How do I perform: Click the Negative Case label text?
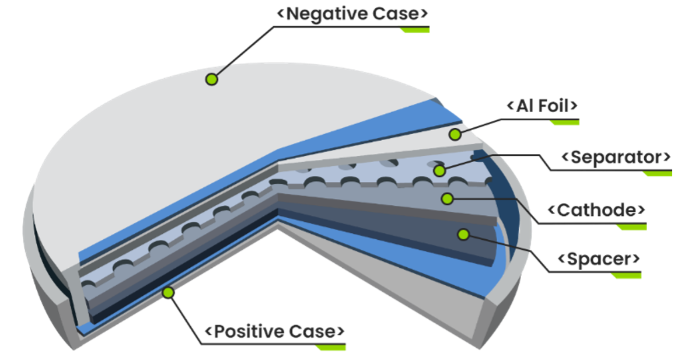point(352,13)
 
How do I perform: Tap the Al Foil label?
point(542,106)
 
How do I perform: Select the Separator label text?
point(615,158)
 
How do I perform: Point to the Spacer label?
point(599,258)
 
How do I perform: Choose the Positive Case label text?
point(274,332)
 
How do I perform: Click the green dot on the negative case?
point(211,79)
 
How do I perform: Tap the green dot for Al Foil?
point(455,135)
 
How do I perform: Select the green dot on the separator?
point(439,170)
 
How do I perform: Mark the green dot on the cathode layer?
point(447,199)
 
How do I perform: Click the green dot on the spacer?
point(463,235)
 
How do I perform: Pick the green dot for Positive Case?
point(169,292)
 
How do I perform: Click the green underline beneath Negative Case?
point(414,30)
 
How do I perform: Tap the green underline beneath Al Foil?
point(564,123)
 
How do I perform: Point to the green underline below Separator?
point(657,174)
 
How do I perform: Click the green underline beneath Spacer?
point(626,275)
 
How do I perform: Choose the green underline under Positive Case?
point(330,348)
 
